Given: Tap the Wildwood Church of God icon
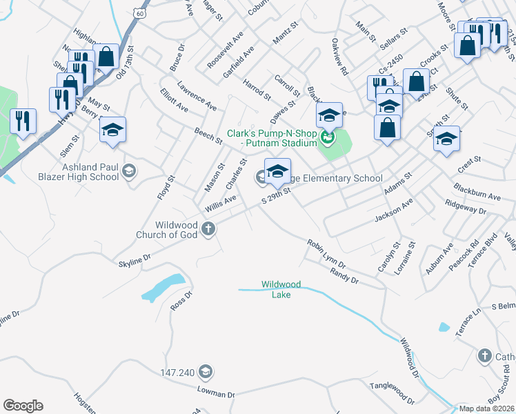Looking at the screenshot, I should [x=208, y=229].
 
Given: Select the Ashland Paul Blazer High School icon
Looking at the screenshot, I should [x=128, y=170].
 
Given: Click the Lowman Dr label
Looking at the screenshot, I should [x=217, y=393].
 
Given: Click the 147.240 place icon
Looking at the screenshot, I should [x=205, y=372].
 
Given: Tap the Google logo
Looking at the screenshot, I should [x=23, y=406].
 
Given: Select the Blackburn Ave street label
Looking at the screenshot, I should [x=477, y=192].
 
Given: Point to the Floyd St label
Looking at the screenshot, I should [x=166, y=187].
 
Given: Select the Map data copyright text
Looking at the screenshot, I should [x=487, y=408].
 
